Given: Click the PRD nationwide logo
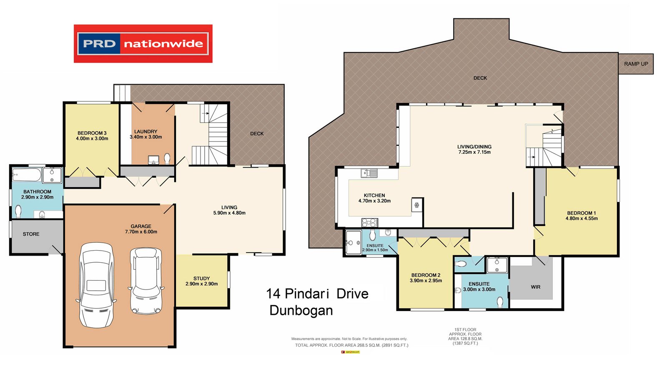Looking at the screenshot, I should pos(143,44).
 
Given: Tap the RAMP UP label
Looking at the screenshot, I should pos(636,64).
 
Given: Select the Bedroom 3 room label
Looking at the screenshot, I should pos(92,133).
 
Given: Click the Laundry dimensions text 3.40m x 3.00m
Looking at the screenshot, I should pos(145,137).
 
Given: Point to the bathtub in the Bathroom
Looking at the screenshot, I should pos(27,174).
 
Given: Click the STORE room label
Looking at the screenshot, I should pos(31,234).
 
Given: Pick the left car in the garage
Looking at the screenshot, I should pos(96,285).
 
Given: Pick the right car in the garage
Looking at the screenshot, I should pos(145,281).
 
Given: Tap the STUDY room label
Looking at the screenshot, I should pos(201,279).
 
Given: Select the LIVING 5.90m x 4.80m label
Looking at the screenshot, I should pos(229,210).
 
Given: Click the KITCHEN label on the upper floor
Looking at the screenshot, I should pos(374,196).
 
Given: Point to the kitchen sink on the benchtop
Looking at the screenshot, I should pos(369,173).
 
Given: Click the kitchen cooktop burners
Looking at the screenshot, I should pos(369,223).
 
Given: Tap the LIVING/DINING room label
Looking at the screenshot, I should pos(474,147).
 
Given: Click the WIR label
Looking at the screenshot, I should pos(535,287).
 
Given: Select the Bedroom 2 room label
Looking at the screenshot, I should pos(426,275).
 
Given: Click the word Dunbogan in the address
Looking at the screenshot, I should pos(301,311).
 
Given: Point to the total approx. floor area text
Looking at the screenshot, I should pos(351,345).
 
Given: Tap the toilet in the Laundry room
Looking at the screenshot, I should pos(167,158).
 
